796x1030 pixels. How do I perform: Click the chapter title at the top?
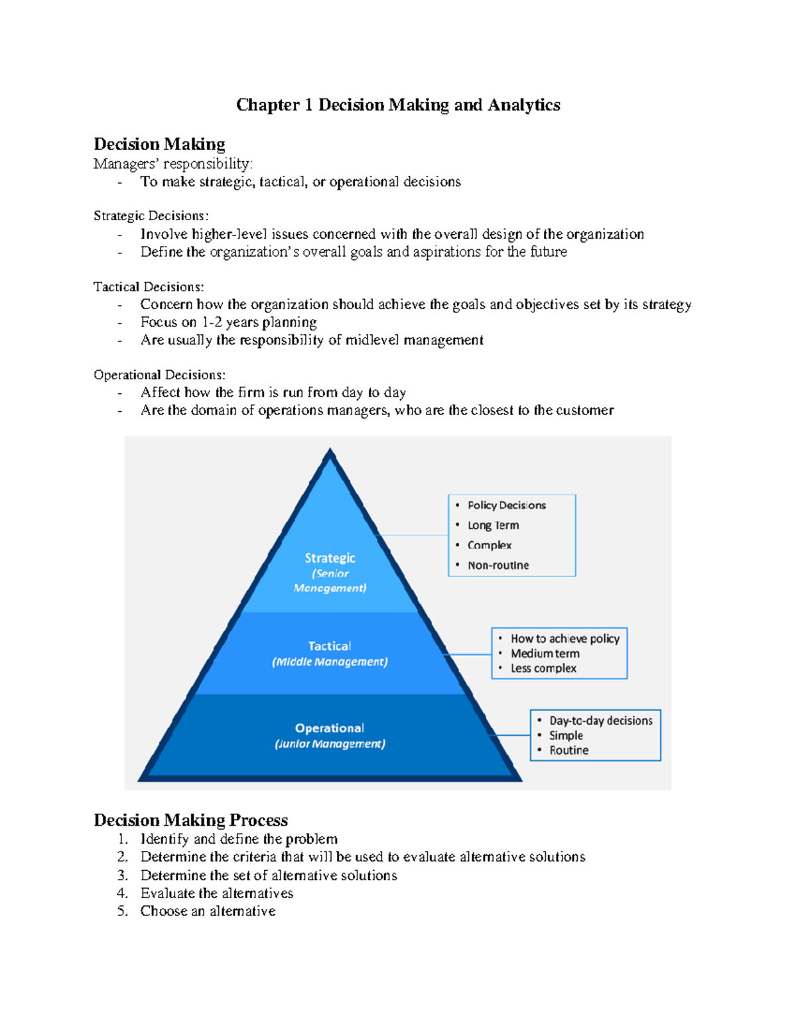tap(398, 105)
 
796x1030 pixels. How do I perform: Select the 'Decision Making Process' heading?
tap(190, 820)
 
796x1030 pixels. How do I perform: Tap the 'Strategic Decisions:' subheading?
tap(151, 216)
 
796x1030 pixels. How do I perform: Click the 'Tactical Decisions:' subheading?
tap(149, 287)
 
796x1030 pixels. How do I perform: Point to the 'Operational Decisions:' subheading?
tap(159, 375)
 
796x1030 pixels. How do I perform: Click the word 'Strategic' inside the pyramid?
tap(330, 558)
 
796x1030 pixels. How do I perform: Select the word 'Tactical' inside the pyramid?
tap(330, 646)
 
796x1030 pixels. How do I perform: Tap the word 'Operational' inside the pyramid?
tap(330, 728)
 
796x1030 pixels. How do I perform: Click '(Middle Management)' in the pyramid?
tap(330, 662)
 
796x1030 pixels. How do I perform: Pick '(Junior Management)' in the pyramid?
tap(330, 744)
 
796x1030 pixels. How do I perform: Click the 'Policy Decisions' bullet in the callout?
tap(506, 505)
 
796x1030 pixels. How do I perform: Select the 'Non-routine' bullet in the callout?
tap(498, 566)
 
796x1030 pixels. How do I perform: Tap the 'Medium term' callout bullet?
tap(545, 654)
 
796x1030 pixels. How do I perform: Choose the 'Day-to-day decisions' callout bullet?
tap(600, 721)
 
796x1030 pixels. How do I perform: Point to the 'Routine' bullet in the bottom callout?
tap(568, 751)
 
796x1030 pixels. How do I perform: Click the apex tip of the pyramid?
tap(330, 451)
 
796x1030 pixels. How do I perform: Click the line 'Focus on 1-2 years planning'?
tap(228, 322)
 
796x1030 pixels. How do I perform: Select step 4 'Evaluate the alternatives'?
tap(216, 893)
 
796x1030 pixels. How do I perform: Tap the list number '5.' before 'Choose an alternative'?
tap(122, 911)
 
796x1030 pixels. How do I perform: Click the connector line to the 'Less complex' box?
tap(468, 655)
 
